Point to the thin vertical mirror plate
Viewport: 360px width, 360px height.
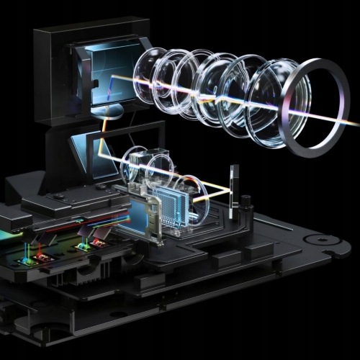point(233,191)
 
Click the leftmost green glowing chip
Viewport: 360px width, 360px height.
point(29,253)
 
